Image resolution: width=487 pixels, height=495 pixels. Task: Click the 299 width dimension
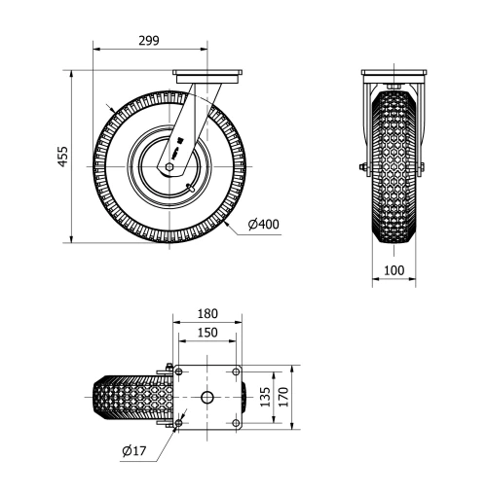[148, 40]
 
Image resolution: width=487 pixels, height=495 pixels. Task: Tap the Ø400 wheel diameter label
[263, 225]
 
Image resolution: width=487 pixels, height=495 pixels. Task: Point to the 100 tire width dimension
[394, 269]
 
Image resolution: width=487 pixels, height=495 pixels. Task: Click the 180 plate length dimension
[206, 314]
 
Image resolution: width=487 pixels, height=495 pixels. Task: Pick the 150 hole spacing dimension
[206, 333]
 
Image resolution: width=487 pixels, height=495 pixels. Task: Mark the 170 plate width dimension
[282, 397]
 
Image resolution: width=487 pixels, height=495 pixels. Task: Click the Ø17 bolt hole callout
[134, 450]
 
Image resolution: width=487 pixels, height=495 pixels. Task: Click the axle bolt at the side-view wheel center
[169, 166]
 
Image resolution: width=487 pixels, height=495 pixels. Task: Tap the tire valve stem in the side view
[191, 184]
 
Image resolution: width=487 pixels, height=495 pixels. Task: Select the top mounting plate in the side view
[206, 74]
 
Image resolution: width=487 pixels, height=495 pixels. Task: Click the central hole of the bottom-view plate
[206, 397]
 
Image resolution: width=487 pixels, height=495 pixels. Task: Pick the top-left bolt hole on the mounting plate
[178, 371]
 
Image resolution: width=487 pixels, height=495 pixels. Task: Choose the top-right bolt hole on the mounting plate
[235, 371]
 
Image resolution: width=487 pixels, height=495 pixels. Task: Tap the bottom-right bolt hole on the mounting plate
[235, 423]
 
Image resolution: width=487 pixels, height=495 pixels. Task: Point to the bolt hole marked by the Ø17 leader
[178, 423]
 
